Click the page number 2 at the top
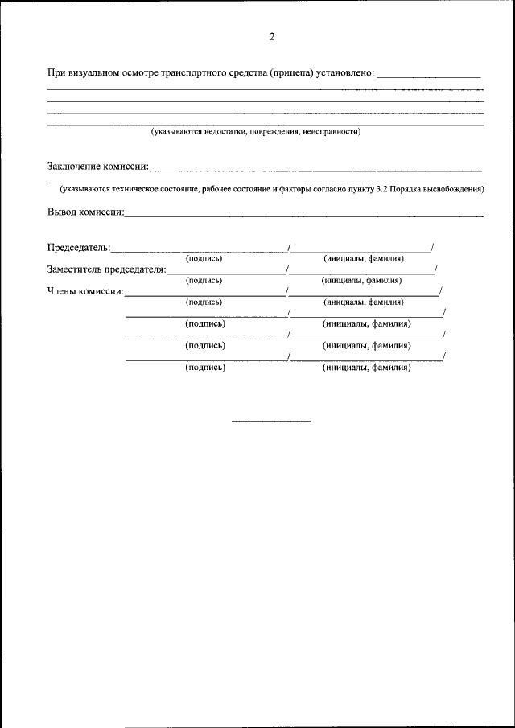[272, 37]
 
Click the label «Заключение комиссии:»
[97, 167]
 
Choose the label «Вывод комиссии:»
[85, 212]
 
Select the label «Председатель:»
[79, 248]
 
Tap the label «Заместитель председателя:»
[106, 269]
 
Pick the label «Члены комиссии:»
[85, 291]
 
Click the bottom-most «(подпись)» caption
[204, 368]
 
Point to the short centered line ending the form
[271, 421]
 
